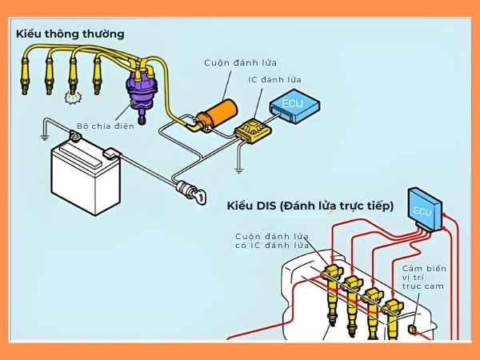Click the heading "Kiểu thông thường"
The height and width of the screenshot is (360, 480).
pos(70,34)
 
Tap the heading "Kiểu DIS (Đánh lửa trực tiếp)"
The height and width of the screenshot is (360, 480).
pos(310,206)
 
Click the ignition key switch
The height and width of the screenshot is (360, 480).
pos(192,192)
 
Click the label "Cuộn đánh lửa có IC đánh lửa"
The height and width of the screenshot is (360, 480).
pos(273,241)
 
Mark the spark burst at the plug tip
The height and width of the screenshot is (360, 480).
pos(70,98)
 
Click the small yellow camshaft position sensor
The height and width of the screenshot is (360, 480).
pos(411,329)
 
